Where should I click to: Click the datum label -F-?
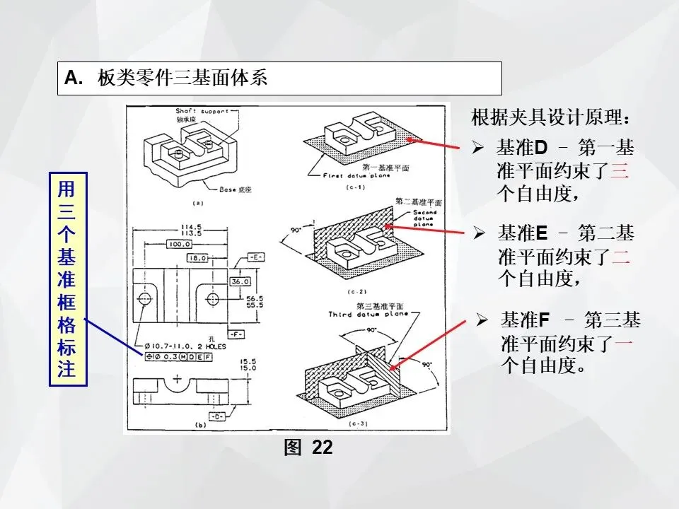click(237, 332)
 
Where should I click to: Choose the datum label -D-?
click(216, 417)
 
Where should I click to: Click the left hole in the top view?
click(144, 299)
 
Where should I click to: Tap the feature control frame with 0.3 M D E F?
click(180, 357)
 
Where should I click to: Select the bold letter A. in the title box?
click(74, 78)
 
